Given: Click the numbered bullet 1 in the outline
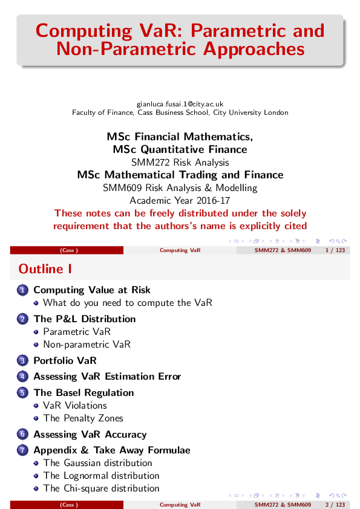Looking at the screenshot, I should click(x=22, y=290).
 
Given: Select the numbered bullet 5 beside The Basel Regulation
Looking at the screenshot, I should click(x=22, y=393).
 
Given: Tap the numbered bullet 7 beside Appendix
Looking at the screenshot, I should click(x=22, y=450).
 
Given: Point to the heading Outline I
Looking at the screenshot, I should click(x=41, y=268).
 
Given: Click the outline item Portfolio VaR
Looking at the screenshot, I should click(x=65, y=361).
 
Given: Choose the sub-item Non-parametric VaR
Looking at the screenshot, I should click(x=87, y=345).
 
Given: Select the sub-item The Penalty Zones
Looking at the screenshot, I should click(x=83, y=418).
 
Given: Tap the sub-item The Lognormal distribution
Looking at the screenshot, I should click(x=101, y=476).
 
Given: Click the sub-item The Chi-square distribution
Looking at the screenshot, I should click(x=101, y=488).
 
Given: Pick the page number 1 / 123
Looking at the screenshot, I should click(x=335, y=250).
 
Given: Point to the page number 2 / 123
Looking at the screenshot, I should click(x=335, y=504).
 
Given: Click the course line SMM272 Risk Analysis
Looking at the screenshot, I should click(x=180, y=162).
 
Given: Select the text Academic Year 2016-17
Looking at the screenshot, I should click(x=180, y=200).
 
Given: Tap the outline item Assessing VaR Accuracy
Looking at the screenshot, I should click(x=90, y=435).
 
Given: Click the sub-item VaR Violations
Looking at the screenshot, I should click(x=75, y=406).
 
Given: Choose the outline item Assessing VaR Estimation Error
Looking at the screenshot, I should click(x=107, y=377).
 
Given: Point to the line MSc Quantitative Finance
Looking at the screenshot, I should click(x=180, y=149).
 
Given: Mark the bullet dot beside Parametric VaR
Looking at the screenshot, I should click(x=37, y=332).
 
